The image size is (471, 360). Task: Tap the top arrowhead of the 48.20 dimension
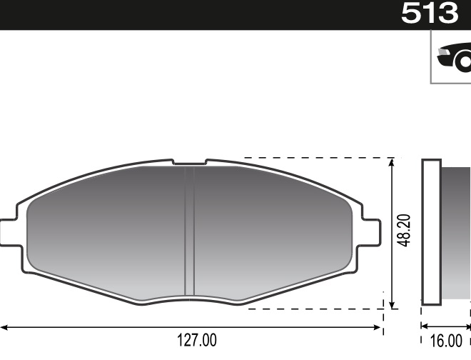[391, 164]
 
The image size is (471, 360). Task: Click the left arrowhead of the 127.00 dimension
[4, 328]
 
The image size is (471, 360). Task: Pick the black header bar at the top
[193, 14]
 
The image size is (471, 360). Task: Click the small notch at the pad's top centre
[189, 163]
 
